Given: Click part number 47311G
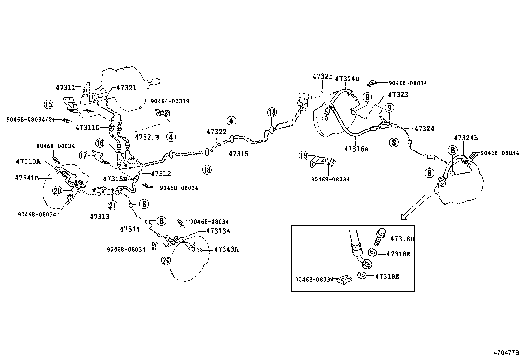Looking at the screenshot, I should [x=87, y=127].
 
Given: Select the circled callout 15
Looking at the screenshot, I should [x=48, y=105].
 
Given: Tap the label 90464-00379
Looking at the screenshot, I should [x=170, y=101].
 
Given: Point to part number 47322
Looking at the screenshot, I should [x=216, y=132].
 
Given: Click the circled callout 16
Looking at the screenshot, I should [x=100, y=143].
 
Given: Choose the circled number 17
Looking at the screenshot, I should [x=84, y=155].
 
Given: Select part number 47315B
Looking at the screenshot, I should [x=115, y=179].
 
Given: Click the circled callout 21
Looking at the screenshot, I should [x=112, y=205].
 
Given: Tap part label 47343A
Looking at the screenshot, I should [x=226, y=249].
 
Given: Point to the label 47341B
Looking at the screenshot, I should [x=27, y=178].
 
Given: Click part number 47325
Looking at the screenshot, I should [x=322, y=77].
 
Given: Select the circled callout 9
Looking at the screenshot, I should [x=389, y=107].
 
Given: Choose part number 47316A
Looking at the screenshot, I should [x=356, y=149].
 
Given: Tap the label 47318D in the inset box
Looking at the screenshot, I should [x=402, y=239].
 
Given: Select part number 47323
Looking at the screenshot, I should [x=398, y=95].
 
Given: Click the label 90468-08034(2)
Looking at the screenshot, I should [x=30, y=120].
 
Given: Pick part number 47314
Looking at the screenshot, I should [x=130, y=229].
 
